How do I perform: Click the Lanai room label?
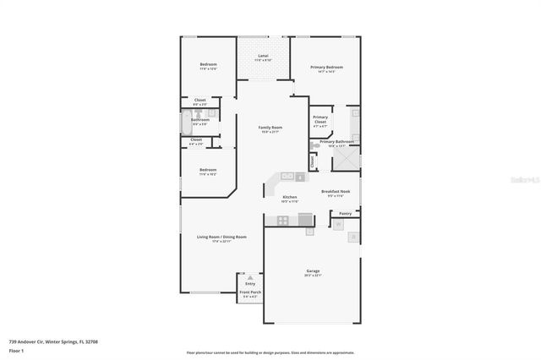[x=263, y=57]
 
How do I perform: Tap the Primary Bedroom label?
[x=326, y=67]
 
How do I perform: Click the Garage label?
[x=312, y=271]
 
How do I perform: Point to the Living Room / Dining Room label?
[x=221, y=237]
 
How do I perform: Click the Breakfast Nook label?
[x=335, y=191]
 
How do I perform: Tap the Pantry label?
[x=345, y=214]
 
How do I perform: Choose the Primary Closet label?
[x=320, y=119]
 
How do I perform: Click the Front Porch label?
[x=250, y=292]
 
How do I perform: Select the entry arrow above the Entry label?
[x=250, y=276]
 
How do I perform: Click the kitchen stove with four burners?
[x=282, y=221]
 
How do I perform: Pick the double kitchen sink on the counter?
[x=287, y=177]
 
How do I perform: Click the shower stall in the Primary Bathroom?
[x=351, y=158]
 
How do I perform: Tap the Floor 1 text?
[x=16, y=349]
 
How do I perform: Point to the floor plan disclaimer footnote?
[x=270, y=352]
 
